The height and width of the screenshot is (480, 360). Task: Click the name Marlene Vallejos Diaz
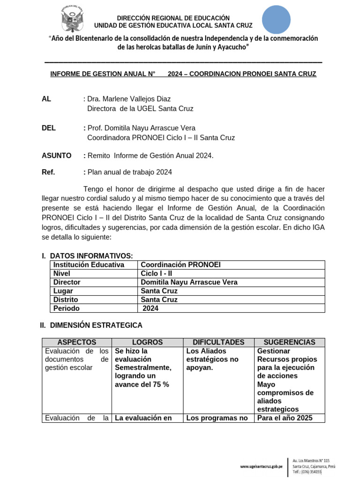click(x=129, y=99)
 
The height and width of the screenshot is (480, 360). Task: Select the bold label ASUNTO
click(x=57, y=155)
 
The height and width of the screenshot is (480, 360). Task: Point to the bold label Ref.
click(x=48, y=172)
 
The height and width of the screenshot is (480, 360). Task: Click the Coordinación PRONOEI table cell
click(x=180, y=265)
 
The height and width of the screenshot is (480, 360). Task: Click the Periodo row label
click(x=67, y=308)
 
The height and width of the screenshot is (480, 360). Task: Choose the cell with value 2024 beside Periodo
click(x=151, y=308)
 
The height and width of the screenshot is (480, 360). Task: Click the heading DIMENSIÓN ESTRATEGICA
click(x=96, y=325)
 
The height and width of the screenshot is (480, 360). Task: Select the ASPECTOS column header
click(x=76, y=342)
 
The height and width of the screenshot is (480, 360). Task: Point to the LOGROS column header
click(x=147, y=342)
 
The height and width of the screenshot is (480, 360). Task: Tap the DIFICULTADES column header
click(x=218, y=342)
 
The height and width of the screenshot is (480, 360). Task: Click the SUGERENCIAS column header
click(x=289, y=342)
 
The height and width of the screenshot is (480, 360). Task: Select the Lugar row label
click(x=63, y=291)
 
